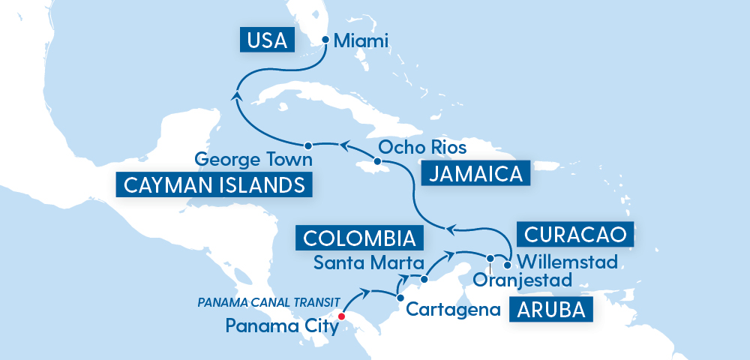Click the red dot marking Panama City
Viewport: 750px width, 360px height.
(341, 316)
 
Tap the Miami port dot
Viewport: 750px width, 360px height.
(325, 40)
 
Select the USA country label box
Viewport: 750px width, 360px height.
(267, 40)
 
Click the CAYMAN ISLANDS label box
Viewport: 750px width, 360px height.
(213, 184)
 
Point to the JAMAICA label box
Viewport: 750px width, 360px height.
(472, 174)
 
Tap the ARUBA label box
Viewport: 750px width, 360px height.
(547, 309)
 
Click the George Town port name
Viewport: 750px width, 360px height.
(253, 160)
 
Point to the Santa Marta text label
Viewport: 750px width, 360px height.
(358, 263)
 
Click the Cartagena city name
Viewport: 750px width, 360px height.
(453, 308)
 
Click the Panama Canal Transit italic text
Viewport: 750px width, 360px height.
(263, 302)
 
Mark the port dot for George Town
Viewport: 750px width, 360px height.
(307, 144)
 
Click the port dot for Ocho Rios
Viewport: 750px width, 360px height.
(378, 162)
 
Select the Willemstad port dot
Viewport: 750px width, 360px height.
(508, 264)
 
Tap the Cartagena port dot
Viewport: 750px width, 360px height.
(398, 298)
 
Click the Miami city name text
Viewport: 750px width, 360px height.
(361, 40)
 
